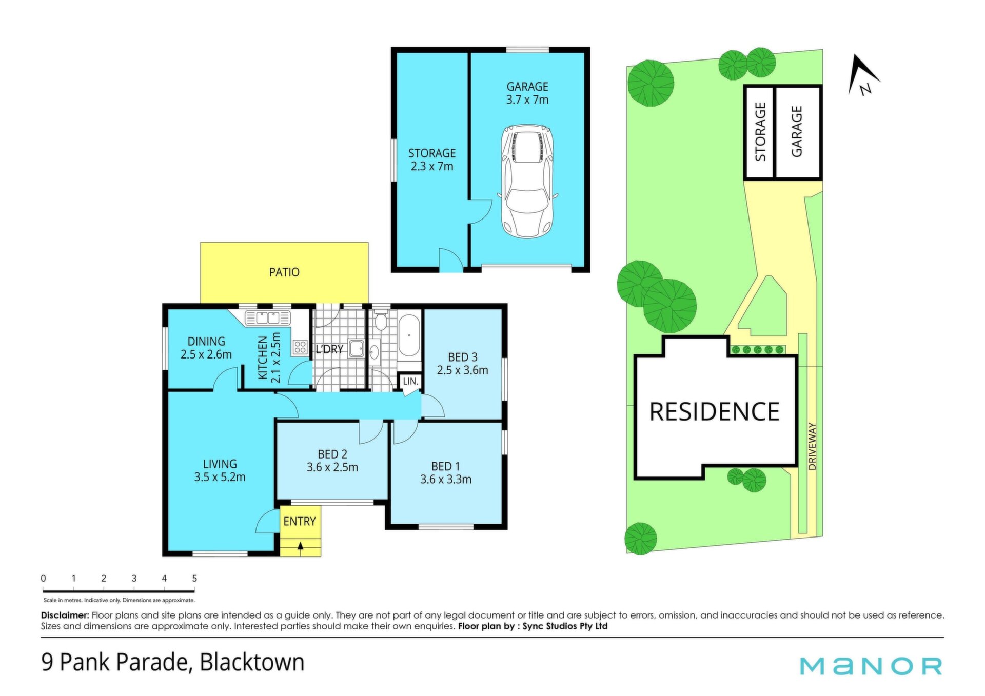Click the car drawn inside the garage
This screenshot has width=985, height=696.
coord(527,181)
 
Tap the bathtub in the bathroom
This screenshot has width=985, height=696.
coord(409,335)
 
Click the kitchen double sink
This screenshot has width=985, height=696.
coord(267,317)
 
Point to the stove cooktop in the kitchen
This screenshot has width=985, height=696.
coord(300,347)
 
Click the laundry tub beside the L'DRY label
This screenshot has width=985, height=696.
coord(356,348)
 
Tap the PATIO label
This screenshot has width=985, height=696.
coord(284,272)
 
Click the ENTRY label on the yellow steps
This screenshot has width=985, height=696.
coord(300,521)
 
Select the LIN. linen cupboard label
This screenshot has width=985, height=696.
coord(410,382)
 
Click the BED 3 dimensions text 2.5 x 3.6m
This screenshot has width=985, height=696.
coord(462,370)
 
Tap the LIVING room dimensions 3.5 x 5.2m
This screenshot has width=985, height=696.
coord(220,477)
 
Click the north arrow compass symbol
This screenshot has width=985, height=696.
coord(864,76)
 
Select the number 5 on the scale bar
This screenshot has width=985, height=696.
coord(194,578)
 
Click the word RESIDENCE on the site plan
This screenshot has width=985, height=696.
coord(714,412)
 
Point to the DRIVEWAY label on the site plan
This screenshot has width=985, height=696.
coord(812,446)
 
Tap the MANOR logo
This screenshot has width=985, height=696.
coord(871,666)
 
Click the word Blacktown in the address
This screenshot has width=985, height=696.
coord(252,662)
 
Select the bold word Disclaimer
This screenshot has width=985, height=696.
coord(65,615)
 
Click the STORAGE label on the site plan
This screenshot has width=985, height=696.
coord(760,131)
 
